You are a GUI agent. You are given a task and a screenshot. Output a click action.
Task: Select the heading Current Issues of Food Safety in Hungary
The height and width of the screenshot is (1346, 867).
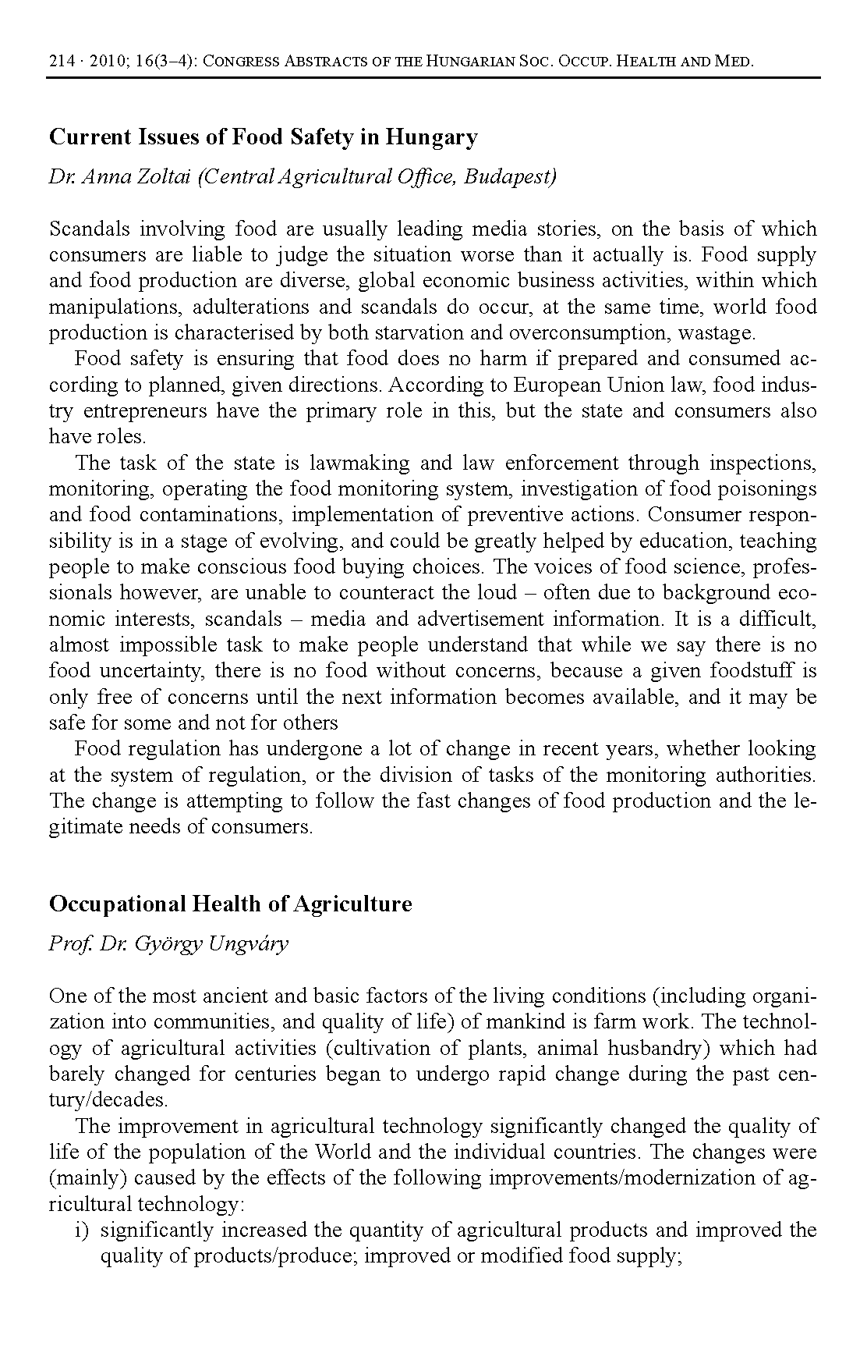[263, 137]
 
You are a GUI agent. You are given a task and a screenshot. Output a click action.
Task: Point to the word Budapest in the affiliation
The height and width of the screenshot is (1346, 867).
[511, 176]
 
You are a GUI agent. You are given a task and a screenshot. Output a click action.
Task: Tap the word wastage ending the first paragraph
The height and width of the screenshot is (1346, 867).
[717, 333]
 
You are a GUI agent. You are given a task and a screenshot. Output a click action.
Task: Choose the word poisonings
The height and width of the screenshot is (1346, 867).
[767, 489]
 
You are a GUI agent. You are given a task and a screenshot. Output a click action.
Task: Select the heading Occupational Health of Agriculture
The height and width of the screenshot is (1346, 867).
[230, 904]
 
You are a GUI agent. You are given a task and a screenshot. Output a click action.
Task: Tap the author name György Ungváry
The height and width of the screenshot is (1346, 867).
[211, 944]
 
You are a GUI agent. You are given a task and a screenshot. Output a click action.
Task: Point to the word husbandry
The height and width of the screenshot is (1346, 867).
[652, 1048]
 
